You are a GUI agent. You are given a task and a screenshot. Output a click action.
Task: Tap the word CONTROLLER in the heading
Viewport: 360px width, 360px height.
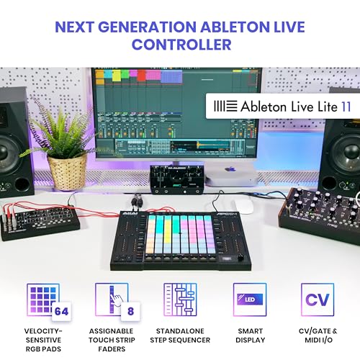[x=181, y=45]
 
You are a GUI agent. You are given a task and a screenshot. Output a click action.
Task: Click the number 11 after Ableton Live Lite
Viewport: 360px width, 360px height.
[x=346, y=107]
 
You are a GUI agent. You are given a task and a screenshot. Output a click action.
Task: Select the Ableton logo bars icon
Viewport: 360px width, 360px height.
[x=225, y=106]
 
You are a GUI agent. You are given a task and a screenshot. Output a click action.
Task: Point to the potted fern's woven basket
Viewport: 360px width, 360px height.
[x=68, y=171]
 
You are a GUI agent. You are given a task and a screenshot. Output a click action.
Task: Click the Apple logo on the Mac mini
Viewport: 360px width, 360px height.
[x=230, y=169]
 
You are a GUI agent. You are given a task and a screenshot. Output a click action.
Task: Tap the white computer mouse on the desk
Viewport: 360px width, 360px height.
[x=244, y=206]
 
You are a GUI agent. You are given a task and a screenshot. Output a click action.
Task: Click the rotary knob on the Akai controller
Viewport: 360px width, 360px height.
[x=240, y=258]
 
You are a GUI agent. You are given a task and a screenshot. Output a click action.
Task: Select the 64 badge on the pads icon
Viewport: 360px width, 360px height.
[x=61, y=311]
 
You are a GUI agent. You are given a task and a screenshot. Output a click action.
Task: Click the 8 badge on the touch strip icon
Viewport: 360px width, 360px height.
[x=130, y=311]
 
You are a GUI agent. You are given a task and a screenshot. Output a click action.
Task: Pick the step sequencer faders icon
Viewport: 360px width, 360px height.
[x=180, y=300]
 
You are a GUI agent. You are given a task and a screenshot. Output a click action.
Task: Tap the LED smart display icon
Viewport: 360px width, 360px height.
[x=250, y=300]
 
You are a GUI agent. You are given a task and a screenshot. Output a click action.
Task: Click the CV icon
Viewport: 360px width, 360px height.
[x=318, y=300]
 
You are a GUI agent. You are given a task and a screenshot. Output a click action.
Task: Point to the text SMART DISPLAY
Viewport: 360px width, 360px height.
[x=251, y=336]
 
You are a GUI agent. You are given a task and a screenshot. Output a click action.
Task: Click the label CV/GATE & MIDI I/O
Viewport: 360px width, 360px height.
[x=318, y=336]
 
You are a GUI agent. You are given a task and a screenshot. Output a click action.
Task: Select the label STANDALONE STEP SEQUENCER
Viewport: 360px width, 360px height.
[x=180, y=336]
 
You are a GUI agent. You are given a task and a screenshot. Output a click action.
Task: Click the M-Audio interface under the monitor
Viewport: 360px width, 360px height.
[x=177, y=179]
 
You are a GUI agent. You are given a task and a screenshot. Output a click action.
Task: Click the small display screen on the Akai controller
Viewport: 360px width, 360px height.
[x=225, y=259]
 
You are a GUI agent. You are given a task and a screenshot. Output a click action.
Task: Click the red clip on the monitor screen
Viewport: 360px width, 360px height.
[x=141, y=76]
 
